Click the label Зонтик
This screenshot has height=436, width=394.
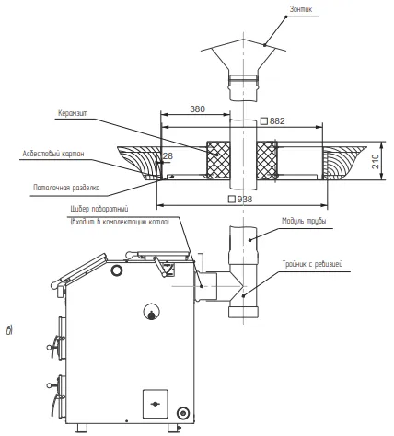pyautogui.click(x=301, y=9)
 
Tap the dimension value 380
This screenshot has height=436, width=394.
pyautogui.click(x=197, y=109)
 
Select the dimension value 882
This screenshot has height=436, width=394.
pyautogui.click(x=277, y=121)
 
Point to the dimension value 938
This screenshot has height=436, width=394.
pyautogui.click(x=245, y=200)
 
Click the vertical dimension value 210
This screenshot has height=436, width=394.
pyautogui.click(x=376, y=161)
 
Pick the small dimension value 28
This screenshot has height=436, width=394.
pyautogui.click(x=168, y=156)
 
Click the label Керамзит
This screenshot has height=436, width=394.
pyautogui.click(x=73, y=113)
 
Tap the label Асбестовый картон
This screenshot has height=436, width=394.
pyautogui.click(x=53, y=154)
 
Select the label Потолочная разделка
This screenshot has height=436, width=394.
pyautogui.click(x=66, y=188)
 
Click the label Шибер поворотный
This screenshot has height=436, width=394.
pyautogui.click(x=99, y=209)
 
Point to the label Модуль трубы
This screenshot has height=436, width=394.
pyautogui.click(x=304, y=221)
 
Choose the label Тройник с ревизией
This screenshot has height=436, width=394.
pyautogui.click(x=312, y=264)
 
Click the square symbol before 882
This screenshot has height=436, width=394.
pyautogui.click(x=264, y=121)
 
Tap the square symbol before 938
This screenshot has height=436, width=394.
pyautogui.click(x=232, y=200)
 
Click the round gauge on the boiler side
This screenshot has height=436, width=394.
pyautogui.click(x=151, y=312)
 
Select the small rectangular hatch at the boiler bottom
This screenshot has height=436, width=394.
pyautogui.click(x=156, y=404)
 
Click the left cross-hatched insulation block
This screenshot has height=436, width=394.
pyautogui.click(x=218, y=160)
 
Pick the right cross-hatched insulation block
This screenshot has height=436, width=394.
pyautogui.click(x=267, y=160)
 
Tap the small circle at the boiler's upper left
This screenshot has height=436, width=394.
pyautogui.click(x=116, y=270)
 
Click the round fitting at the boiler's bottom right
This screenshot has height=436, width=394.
pyautogui.click(x=183, y=413)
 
